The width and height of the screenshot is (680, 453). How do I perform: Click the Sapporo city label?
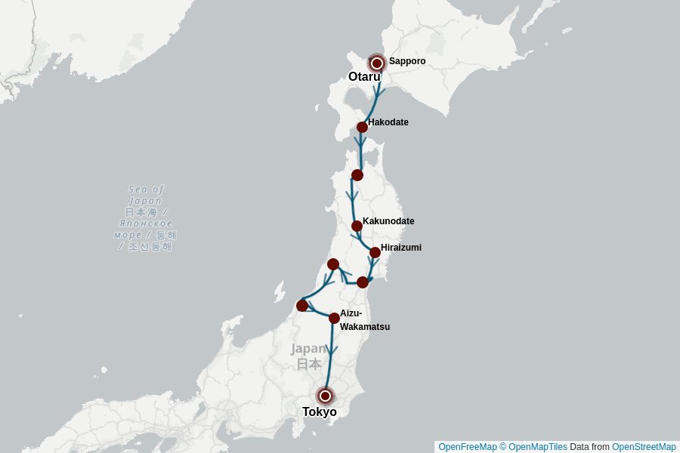407,61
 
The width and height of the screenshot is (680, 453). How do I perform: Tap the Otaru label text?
364,77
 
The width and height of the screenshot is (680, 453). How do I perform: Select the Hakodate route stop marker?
363,127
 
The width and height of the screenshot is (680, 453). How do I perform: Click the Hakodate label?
388,122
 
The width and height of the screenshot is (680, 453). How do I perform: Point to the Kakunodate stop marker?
357,226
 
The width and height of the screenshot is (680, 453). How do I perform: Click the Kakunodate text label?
388,221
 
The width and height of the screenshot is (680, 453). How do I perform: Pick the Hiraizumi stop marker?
375,252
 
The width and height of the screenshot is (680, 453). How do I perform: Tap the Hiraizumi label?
401,248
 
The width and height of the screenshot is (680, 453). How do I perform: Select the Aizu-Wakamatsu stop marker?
334,318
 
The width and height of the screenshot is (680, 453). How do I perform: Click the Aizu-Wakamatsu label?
364,320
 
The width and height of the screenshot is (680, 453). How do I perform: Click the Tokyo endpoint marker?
325,396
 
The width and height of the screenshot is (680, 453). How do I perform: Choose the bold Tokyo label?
320,412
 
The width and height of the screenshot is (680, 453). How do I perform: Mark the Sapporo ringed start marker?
377,63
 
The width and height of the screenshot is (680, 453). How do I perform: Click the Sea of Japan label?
145,217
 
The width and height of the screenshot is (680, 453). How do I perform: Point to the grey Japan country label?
308,356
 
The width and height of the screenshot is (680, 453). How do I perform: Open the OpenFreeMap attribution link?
468,447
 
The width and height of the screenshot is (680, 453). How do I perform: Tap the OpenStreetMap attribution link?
644,447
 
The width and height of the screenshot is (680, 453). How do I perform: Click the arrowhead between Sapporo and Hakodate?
378,94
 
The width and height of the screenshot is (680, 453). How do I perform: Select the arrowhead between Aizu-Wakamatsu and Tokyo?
331,350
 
